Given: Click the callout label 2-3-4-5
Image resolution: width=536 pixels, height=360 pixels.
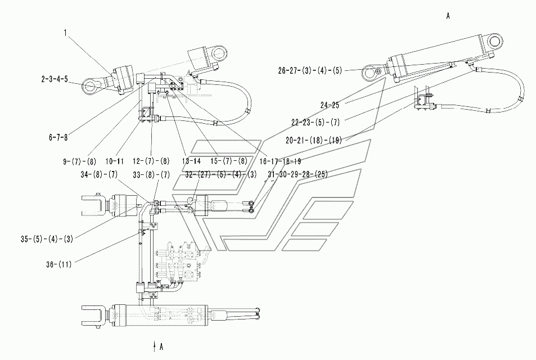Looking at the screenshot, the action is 55,79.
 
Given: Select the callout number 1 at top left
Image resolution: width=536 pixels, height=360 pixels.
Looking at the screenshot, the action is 65,33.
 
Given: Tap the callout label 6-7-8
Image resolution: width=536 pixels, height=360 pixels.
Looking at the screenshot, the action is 58,137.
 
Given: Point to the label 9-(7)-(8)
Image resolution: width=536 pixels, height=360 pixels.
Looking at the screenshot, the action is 80,161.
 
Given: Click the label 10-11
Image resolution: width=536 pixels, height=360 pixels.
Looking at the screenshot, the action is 115,161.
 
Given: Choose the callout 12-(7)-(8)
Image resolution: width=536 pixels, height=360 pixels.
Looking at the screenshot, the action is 151,161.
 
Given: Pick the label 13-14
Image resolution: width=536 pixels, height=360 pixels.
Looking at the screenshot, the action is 191,161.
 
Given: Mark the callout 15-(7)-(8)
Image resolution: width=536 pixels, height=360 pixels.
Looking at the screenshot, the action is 229,161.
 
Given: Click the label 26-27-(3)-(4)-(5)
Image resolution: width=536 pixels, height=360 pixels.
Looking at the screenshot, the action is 310,71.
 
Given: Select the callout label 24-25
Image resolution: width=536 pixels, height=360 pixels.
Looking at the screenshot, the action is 330,105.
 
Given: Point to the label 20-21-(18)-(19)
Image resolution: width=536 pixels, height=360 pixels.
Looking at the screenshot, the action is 314,140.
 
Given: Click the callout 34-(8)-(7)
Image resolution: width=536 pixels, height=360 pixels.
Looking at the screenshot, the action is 99,175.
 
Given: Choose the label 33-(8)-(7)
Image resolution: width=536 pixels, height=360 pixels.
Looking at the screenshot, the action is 151,175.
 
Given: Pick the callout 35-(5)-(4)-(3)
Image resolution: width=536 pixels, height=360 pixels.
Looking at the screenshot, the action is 47,239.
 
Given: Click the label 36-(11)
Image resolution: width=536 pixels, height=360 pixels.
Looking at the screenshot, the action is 59,264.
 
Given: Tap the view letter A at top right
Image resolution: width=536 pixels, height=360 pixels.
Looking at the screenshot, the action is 448,16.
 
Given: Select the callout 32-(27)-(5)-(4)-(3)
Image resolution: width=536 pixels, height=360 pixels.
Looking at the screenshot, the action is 221,175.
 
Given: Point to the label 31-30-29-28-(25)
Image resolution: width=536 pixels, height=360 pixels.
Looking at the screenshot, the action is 298,175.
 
